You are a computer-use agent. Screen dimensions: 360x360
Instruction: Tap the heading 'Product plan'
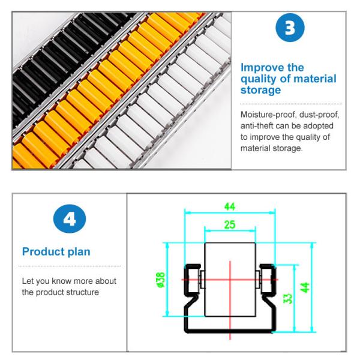tap(55, 251)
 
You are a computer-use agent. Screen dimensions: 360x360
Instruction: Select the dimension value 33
tap(287, 298)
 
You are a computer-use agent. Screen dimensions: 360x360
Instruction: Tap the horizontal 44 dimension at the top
tap(230, 206)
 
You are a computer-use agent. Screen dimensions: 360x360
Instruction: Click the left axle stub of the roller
tap(202, 279)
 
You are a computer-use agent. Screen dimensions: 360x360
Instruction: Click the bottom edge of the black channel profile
tap(230, 329)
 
